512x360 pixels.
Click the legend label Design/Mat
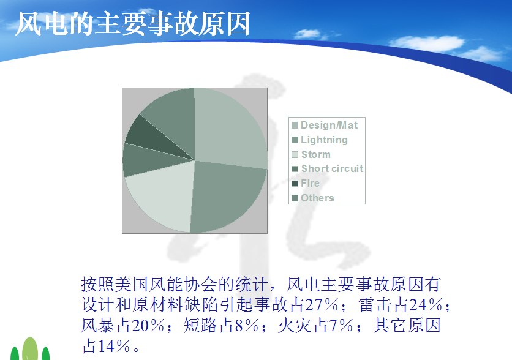click(x=329, y=125)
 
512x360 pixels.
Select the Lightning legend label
click(x=324, y=140)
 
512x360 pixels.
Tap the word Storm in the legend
click(x=316, y=154)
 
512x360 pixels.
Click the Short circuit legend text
click(x=332, y=168)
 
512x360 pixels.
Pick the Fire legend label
click(x=311, y=183)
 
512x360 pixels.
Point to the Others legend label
click(x=317, y=198)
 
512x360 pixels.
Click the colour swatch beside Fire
click(x=295, y=184)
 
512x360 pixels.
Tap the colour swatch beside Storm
click(x=295, y=154)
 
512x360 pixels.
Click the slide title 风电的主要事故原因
click(x=133, y=24)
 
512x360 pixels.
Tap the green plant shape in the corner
click(x=30, y=349)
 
